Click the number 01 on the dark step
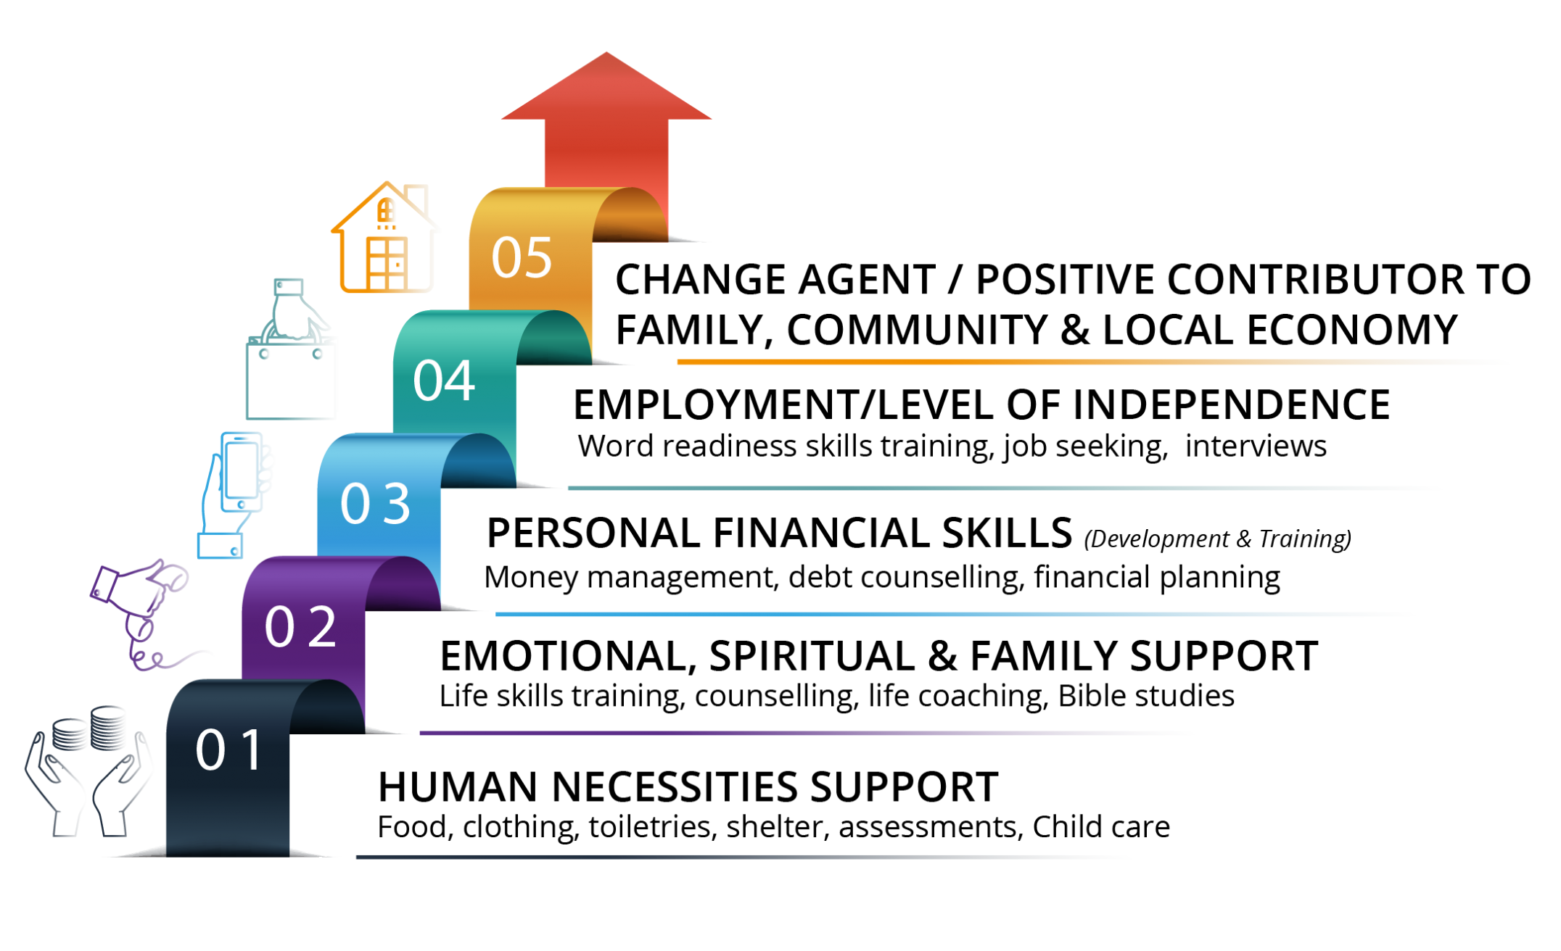coord(228,749)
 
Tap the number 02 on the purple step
coord(300,627)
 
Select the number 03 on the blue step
coord(375,503)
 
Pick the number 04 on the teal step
coord(444,381)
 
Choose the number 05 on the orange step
coord(522,257)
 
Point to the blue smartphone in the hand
coord(242,471)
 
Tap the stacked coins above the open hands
coord(91,728)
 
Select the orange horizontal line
coord(1088,362)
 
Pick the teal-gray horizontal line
coord(1001,488)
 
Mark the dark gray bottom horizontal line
coord(740,857)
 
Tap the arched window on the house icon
coord(387,211)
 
